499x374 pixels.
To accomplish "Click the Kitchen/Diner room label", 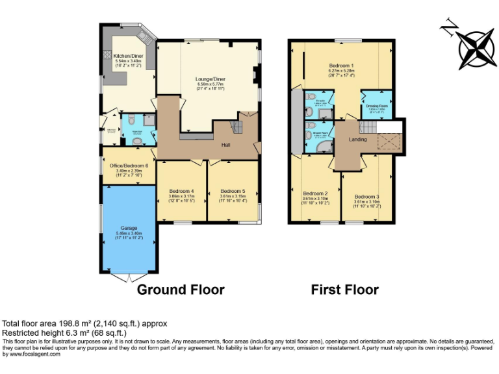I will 127,56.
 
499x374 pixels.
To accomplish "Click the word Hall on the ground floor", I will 226,145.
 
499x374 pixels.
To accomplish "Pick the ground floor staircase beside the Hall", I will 238,126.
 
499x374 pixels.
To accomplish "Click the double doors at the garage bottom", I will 129,276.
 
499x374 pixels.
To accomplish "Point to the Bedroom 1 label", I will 341,66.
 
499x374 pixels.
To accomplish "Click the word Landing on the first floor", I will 357,140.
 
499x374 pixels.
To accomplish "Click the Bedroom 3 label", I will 367,197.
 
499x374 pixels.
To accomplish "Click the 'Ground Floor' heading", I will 181,290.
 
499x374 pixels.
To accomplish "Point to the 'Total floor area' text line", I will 85,323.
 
